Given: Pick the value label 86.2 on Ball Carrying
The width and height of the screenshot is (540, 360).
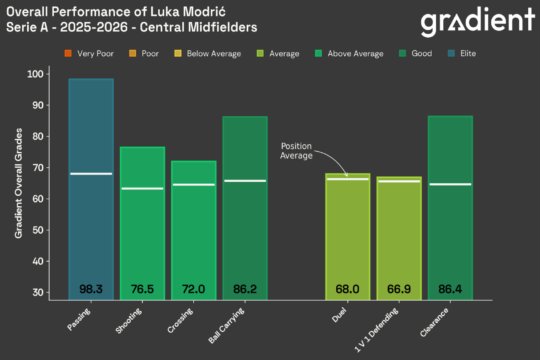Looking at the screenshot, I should pyautogui.click(x=245, y=289).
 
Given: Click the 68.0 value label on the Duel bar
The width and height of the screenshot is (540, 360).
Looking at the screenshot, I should pyautogui.click(x=347, y=289).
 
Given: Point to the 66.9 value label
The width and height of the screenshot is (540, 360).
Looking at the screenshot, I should pyautogui.click(x=399, y=289).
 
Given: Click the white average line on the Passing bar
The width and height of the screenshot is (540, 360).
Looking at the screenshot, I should pyautogui.click(x=91, y=174).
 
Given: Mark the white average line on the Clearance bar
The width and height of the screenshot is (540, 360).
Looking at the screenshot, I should pyautogui.click(x=450, y=184).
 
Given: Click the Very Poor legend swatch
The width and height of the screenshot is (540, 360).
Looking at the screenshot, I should pyautogui.click(x=68, y=53).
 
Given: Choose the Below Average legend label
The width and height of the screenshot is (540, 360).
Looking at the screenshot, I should pyautogui.click(x=214, y=54).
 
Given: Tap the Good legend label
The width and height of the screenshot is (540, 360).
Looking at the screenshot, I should pyautogui.click(x=422, y=53).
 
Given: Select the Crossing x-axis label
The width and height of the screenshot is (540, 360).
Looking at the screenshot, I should pyautogui.click(x=181, y=321).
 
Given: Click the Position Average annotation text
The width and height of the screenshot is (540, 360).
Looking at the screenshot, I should pyautogui.click(x=296, y=151).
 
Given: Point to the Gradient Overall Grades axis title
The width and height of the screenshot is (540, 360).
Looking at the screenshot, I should pyautogui.click(x=18, y=183).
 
